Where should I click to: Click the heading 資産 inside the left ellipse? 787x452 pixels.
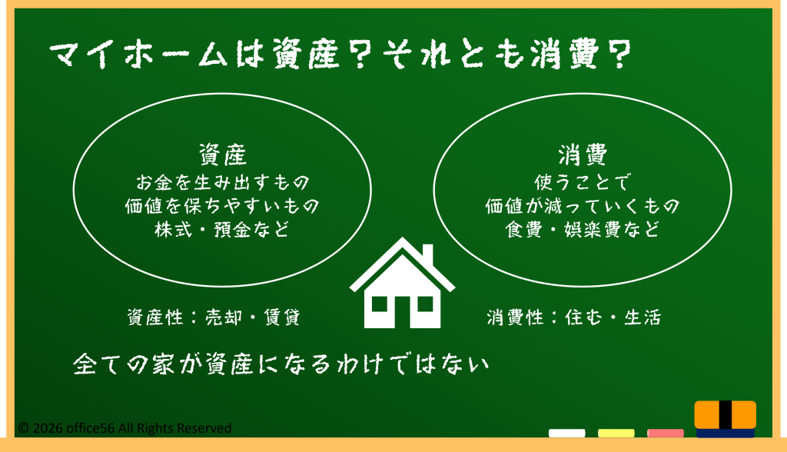(x=222, y=155)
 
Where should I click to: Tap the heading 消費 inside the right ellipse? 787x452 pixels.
(x=583, y=155)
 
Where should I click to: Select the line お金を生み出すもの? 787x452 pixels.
(x=222, y=182)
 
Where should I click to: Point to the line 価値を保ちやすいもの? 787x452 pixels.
(x=222, y=205)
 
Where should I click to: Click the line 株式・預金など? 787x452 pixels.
(x=222, y=230)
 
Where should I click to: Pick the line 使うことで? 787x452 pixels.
(x=583, y=182)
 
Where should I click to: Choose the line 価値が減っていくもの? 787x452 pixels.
(x=583, y=205)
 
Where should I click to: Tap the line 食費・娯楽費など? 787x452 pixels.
(x=583, y=230)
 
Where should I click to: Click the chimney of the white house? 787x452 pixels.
(x=427, y=256)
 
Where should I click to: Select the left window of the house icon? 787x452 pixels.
(x=380, y=304)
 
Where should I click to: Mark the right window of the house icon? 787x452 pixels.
(x=425, y=304)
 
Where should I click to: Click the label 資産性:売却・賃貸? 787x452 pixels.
(x=214, y=317)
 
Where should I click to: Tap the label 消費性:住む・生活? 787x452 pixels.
(x=574, y=317)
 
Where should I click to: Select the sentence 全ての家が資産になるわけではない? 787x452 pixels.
(x=281, y=364)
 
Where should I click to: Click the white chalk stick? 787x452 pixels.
(x=566, y=433)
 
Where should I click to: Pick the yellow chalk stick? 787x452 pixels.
(x=616, y=433)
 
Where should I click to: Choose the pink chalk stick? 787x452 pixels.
(x=665, y=433)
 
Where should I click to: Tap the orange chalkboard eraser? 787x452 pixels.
(x=726, y=419)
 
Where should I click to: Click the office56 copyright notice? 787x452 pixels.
(x=125, y=428)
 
